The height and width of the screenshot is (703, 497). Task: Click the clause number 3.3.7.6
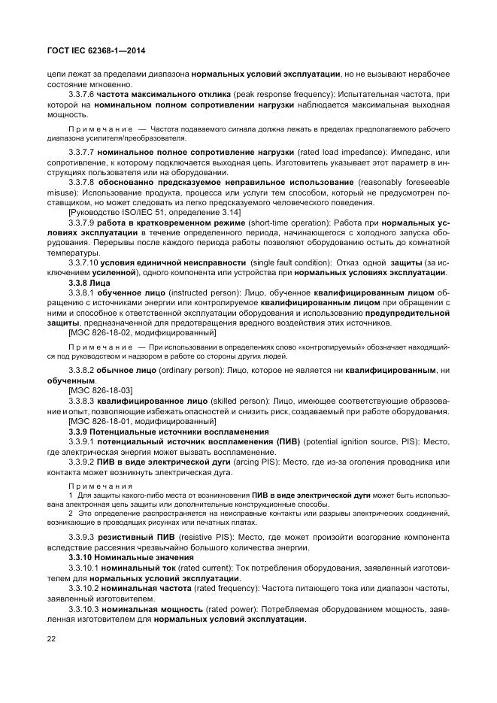pos(80,94)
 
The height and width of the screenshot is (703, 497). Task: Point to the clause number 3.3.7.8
pos(80,182)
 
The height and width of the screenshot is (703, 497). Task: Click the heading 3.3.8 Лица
pos(89,281)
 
